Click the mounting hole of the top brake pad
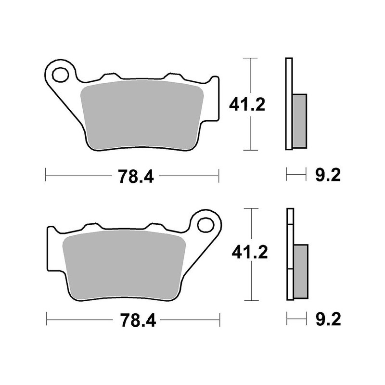[x=61, y=75]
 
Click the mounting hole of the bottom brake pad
[x=205, y=225]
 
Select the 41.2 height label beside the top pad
[x=247, y=104]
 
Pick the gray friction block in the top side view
[x=299, y=121]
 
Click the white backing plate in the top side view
[x=289, y=103]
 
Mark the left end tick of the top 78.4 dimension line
[x=46, y=176]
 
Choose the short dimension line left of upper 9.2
[x=296, y=174]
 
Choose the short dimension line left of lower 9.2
[x=296, y=319]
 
